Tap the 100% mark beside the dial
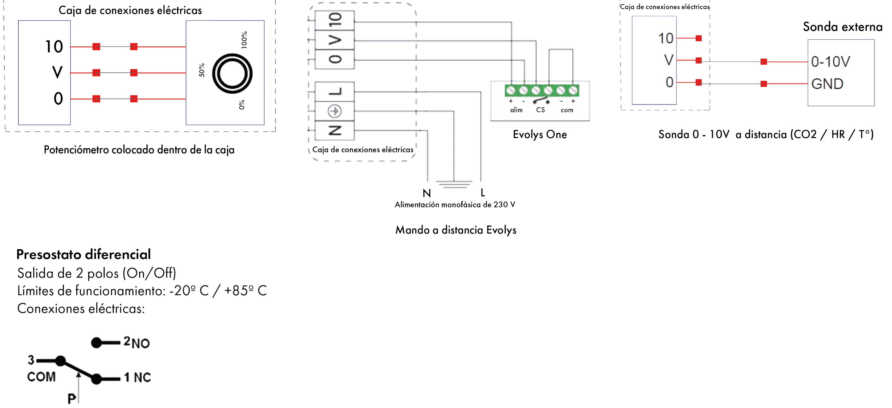click(245, 40)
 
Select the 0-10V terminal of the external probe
click(830, 62)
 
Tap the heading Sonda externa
click(843, 27)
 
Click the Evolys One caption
click(540, 134)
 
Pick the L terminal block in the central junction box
click(335, 92)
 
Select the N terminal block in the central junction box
click(335, 131)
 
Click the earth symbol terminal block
click(335, 112)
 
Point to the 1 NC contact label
click(138, 377)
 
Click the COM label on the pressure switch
click(41, 377)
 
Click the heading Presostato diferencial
click(83, 254)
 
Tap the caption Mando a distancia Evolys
click(456, 230)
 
